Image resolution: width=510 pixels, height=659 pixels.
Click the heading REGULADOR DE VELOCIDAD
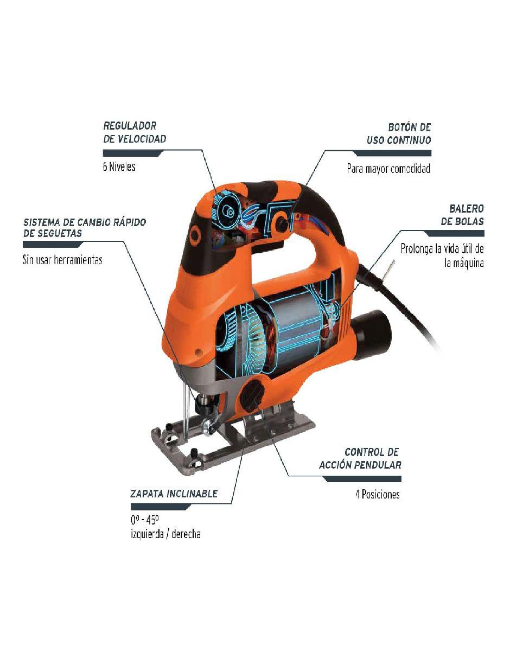tap(135, 132)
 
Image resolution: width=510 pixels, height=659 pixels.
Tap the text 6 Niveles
tap(119, 167)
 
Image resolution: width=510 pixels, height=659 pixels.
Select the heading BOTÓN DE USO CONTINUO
tap(399, 133)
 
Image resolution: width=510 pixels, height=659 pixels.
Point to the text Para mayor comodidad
tap(388, 168)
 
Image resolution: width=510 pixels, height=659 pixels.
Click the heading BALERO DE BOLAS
tap(462, 215)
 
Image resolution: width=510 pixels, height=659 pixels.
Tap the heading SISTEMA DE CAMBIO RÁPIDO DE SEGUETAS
tap(85, 228)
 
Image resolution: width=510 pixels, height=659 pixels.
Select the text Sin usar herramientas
tap(62, 260)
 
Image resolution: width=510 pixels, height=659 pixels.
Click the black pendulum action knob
tap(252, 396)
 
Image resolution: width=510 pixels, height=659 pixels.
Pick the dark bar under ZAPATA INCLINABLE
tap(161, 507)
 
